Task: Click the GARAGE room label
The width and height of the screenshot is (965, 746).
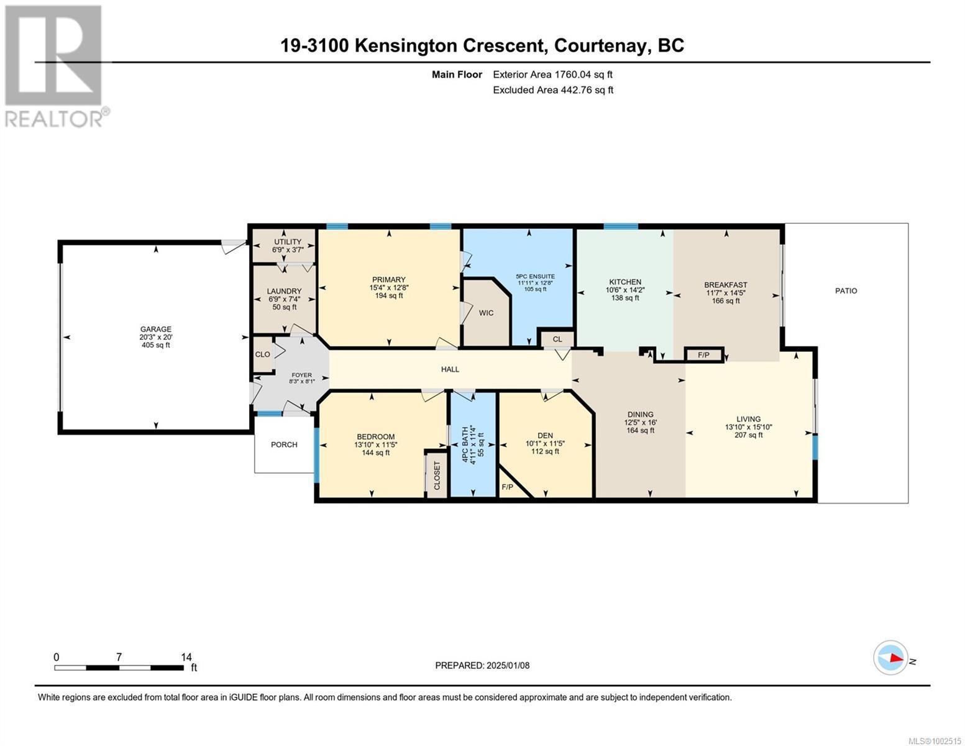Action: (155, 329)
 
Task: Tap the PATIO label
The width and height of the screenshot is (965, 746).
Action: (846, 290)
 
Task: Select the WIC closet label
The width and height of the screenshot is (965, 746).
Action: (486, 313)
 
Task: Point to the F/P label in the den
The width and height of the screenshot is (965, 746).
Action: (507, 487)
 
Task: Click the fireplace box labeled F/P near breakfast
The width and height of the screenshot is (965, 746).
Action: (704, 355)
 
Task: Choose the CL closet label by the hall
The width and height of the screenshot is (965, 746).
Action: (557, 339)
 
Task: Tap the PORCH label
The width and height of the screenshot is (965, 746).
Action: (284, 444)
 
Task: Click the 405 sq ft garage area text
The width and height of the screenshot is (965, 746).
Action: (155, 345)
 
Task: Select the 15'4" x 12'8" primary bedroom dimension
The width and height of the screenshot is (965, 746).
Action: (388, 287)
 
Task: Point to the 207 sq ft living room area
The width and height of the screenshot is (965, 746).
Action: (748, 435)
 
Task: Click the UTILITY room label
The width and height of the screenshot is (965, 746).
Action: (287, 242)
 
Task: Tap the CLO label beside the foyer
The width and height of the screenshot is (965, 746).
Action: (262, 354)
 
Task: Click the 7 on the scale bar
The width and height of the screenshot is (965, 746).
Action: (119, 657)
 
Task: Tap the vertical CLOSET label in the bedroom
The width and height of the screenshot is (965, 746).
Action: (437, 476)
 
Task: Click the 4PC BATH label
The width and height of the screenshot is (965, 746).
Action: (465, 445)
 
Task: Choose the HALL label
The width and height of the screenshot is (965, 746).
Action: (450, 369)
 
